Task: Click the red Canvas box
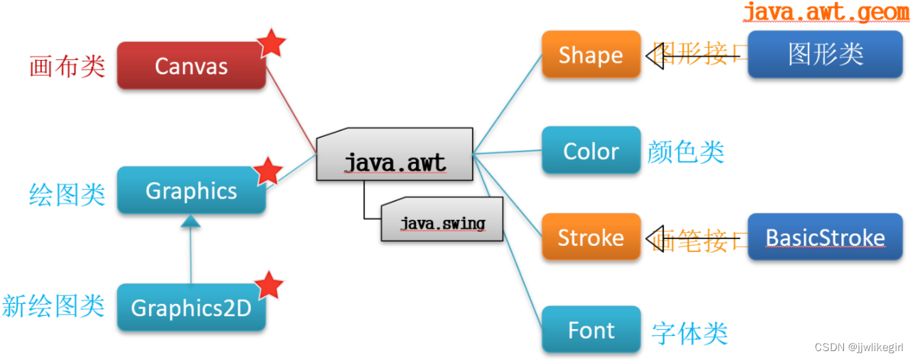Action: click(x=191, y=66)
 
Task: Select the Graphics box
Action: click(x=191, y=191)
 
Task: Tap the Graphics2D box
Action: click(x=191, y=308)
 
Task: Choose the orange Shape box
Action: click(x=591, y=55)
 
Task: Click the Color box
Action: click(x=591, y=150)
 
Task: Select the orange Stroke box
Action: click(x=591, y=237)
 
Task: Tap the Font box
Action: click(x=591, y=330)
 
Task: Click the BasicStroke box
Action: click(x=825, y=237)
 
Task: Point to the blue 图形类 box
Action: click(x=825, y=54)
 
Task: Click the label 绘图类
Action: click(x=68, y=194)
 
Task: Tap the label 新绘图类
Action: click(x=53, y=305)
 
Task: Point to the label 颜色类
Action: click(x=686, y=152)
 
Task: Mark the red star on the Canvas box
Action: click(x=272, y=42)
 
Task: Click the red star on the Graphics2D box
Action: click(x=268, y=285)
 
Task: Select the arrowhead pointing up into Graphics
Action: click(x=191, y=221)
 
